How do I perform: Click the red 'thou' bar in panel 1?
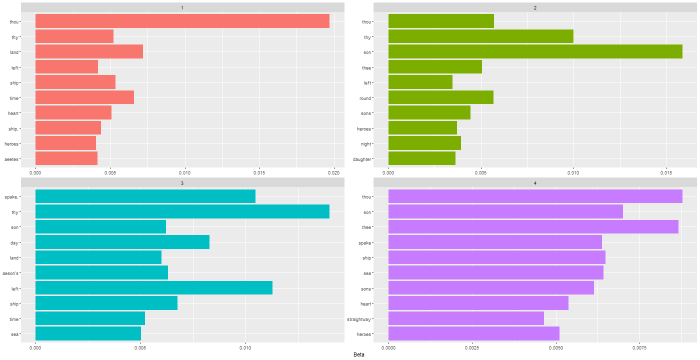pyautogui.click(x=182, y=21)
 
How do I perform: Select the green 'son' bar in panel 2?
pyautogui.click(x=535, y=52)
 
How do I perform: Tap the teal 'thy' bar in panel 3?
pyautogui.click(x=182, y=212)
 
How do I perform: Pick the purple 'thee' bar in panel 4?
pyautogui.click(x=533, y=227)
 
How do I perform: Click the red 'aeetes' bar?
pyautogui.click(x=66, y=158)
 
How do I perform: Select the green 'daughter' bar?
pyautogui.click(x=421, y=158)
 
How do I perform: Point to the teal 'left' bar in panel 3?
pyautogui.click(x=154, y=288)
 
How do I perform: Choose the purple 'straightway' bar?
pyautogui.click(x=466, y=318)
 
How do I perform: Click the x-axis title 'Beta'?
pyautogui.click(x=358, y=354)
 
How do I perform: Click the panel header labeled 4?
pyautogui.click(x=535, y=183)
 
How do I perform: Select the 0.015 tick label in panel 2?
pyautogui.click(x=666, y=172)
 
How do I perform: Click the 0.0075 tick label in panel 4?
pyautogui.click(x=639, y=346)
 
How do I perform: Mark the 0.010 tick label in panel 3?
pyautogui.click(x=245, y=346)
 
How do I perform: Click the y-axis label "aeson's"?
pyautogui.click(x=25, y=273)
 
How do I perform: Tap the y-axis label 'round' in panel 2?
pyautogui.click(x=378, y=98)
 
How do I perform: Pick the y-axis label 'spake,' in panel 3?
pyautogui.click(x=26, y=197)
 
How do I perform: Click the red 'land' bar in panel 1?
pyautogui.click(x=89, y=52)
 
